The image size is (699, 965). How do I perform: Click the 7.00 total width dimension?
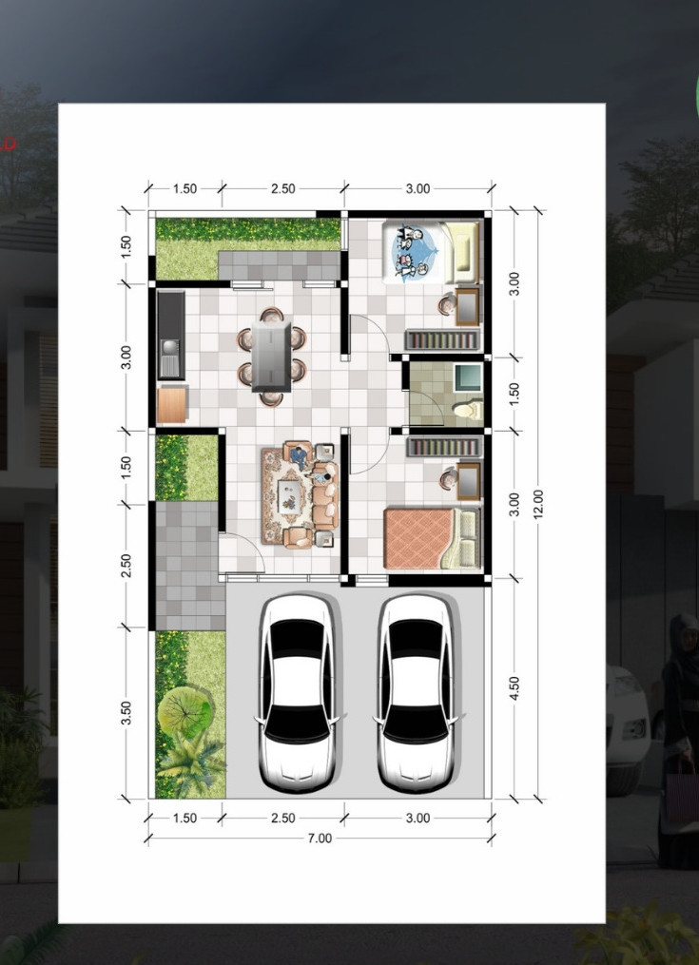coord(320,839)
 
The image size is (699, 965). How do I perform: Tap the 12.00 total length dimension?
coord(538,504)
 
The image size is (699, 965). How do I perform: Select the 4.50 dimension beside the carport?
coord(515,688)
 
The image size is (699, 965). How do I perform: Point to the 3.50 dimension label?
coord(126,713)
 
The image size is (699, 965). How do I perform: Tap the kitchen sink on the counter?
coord(168,358)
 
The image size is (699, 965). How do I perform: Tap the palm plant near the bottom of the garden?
coord(191,763)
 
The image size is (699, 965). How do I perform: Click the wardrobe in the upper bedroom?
coord(442,340)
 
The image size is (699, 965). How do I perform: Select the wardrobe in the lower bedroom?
coord(443,447)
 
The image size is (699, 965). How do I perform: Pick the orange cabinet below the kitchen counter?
coord(172,405)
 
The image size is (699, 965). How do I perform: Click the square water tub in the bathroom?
coord(468,377)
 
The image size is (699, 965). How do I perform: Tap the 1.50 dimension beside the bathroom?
coord(515,394)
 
